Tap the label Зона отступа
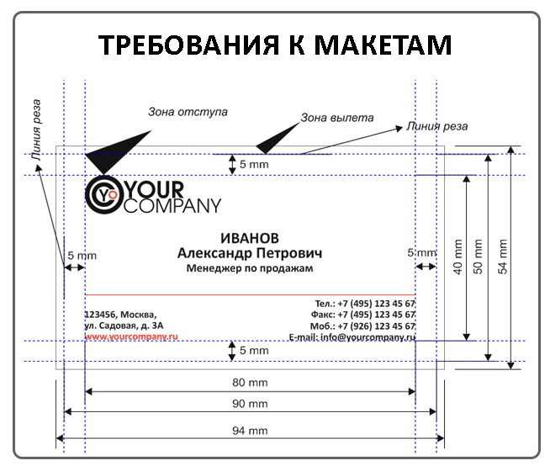188,112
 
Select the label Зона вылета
337,119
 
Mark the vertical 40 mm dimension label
458,256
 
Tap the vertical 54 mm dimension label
503,257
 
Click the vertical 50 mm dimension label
480,257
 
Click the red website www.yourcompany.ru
131,336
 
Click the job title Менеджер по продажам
249,268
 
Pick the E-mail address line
352,336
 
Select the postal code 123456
101,313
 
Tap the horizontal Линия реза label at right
437,126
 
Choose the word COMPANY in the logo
172,205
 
